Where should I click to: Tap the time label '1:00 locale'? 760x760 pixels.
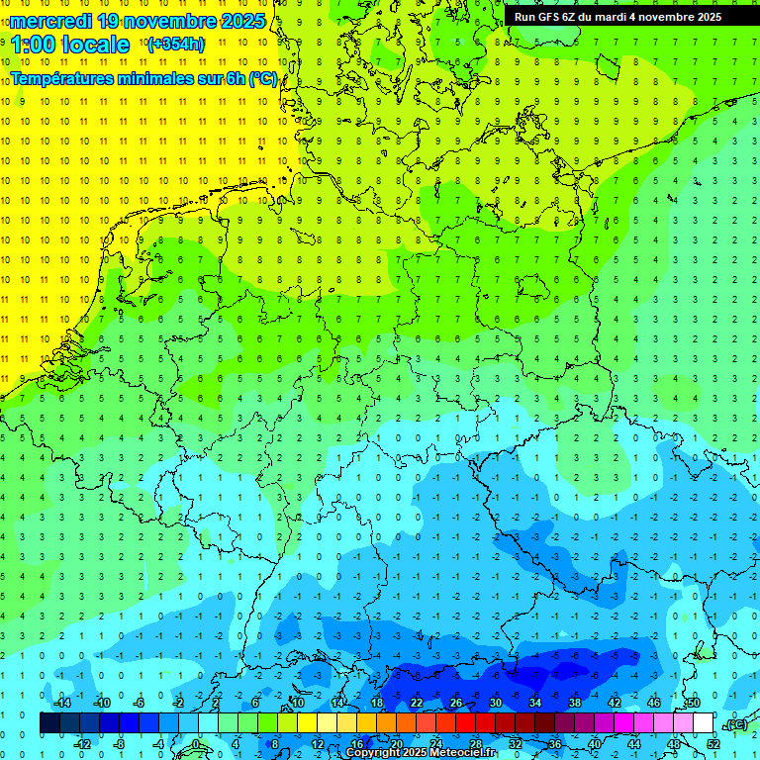[70, 45]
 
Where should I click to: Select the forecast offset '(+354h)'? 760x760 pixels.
[176, 44]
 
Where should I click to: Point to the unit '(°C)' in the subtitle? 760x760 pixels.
[262, 78]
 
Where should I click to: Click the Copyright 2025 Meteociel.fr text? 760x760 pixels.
[421, 753]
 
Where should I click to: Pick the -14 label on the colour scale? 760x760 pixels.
[61, 703]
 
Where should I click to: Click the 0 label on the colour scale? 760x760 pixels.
[196, 743]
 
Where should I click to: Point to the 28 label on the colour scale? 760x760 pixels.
[476, 743]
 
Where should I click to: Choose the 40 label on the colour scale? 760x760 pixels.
[595, 743]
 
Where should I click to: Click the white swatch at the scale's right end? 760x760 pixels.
[703, 723]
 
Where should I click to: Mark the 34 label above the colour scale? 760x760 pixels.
[535, 703]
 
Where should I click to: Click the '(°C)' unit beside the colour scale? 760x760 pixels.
[734, 724]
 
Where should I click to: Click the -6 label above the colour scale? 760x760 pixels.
[140, 703]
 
